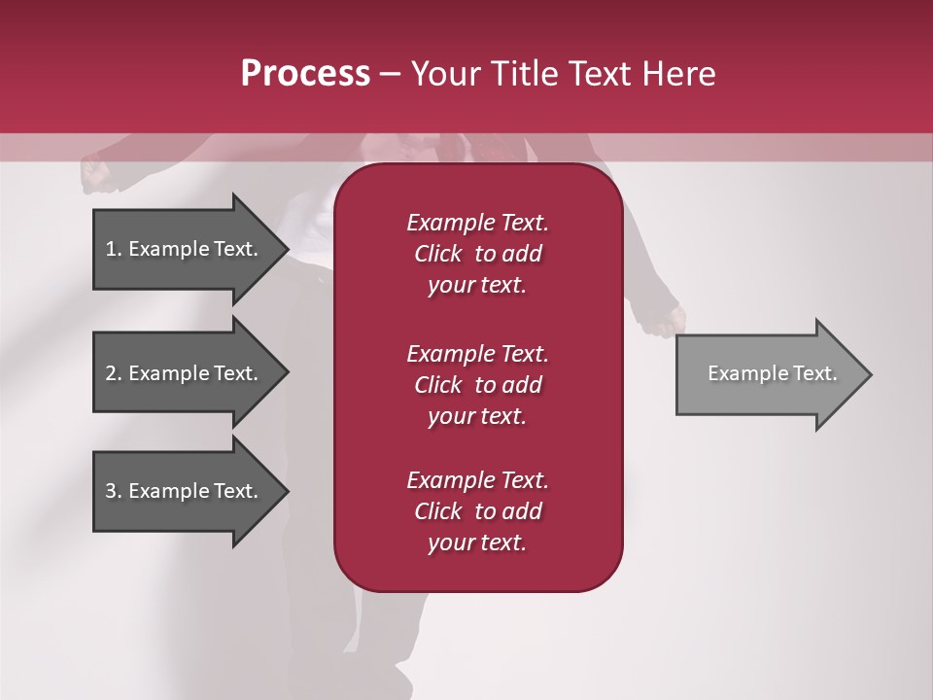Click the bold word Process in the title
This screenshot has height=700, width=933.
[x=305, y=74]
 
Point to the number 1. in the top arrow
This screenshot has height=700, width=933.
[x=114, y=249]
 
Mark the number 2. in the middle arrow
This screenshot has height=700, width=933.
[x=114, y=373]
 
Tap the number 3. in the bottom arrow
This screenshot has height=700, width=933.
[x=114, y=491]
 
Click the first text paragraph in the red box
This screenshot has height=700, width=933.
[x=477, y=254]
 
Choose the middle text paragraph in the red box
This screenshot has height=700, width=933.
[x=477, y=385]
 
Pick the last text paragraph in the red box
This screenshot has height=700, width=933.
[x=477, y=511]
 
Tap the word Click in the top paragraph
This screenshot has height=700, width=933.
[x=437, y=254]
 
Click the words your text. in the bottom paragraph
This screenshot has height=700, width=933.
[x=477, y=543]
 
